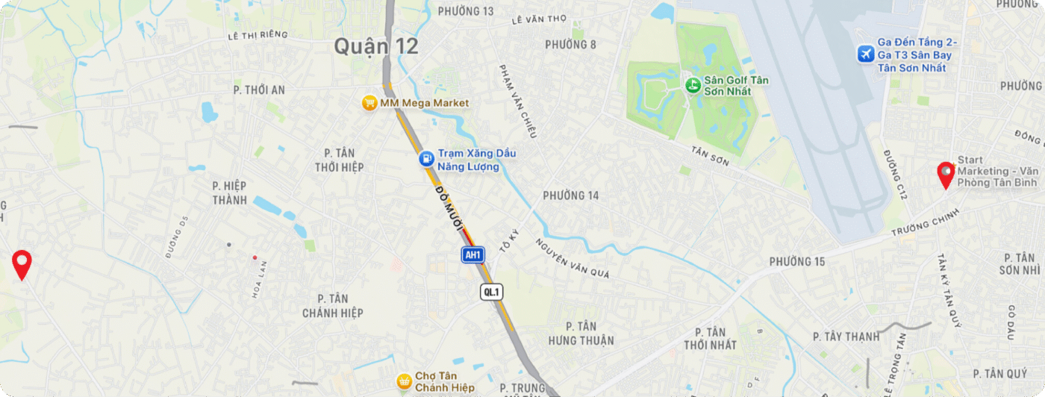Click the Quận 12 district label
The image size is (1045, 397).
375,46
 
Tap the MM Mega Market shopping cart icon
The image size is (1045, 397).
369,103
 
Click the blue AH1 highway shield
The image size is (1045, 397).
472,254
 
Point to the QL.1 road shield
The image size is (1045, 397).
490,292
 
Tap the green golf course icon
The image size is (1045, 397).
693,85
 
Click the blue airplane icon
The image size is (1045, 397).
866,54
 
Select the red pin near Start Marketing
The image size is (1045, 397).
946,175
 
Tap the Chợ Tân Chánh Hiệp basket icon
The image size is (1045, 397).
404,381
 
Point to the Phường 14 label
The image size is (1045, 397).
571,196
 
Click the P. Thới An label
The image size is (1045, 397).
259,90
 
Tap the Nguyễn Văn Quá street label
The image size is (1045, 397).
572,258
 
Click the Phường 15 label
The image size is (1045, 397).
797,261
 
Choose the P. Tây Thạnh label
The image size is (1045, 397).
846,337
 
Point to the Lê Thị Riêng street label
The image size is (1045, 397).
258,35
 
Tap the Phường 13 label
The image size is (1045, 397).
466,11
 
